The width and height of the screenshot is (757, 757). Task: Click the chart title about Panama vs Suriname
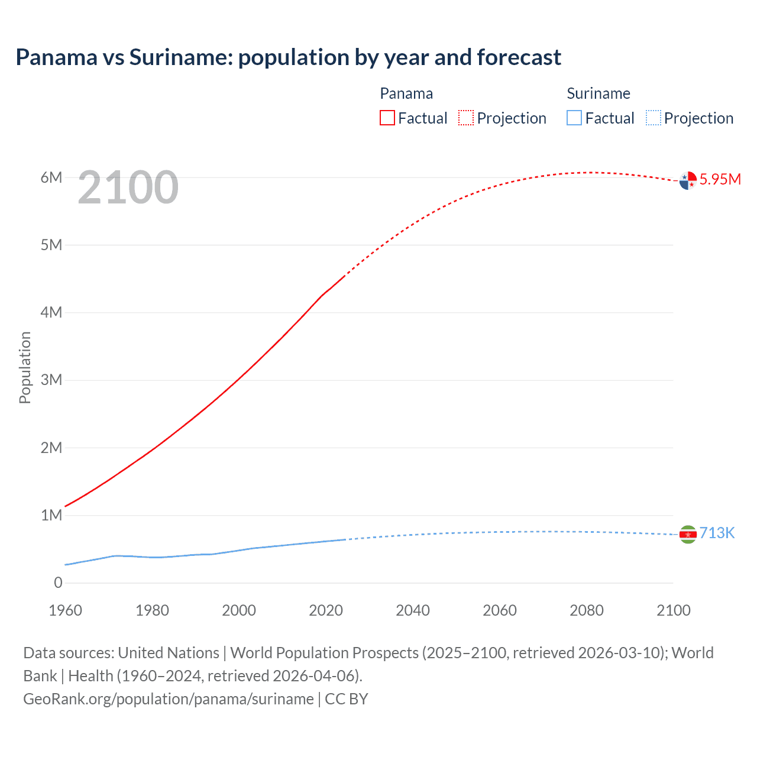(x=288, y=57)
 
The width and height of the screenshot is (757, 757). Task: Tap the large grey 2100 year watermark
(x=128, y=187)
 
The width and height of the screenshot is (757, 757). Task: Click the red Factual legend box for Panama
(x=387, y=118)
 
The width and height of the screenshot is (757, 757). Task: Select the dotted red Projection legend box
(x=466, y=118)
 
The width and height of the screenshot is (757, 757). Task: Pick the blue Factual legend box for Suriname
(x=574, y=118)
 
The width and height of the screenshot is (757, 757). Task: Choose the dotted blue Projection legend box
(x=654, y=118)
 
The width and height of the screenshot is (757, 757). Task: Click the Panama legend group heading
(x=406, y=93)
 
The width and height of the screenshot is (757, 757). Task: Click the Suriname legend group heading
(x=599, y=93)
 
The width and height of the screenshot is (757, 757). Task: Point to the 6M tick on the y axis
(x=51, y=177)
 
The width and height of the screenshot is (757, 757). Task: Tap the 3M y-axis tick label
(x=51, y=380)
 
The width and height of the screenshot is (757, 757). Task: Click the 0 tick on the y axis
(x=58, y=583)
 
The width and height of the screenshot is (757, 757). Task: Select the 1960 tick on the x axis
(x=65, y=610)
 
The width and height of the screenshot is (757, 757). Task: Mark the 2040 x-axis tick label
(x=413, y=610)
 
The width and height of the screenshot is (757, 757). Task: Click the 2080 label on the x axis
(x=587, y=610)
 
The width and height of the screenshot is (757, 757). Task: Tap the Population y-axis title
(x=25, y=367)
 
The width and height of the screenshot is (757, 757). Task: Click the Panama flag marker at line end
(x=688, y=180)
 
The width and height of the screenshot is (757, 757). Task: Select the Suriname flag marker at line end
(x=688, y=535)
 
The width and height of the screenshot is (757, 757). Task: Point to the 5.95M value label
(x=720, y=179)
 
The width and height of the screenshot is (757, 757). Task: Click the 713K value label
(x=717, y=533)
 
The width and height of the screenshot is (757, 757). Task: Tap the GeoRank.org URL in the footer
(x=169, y=699)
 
